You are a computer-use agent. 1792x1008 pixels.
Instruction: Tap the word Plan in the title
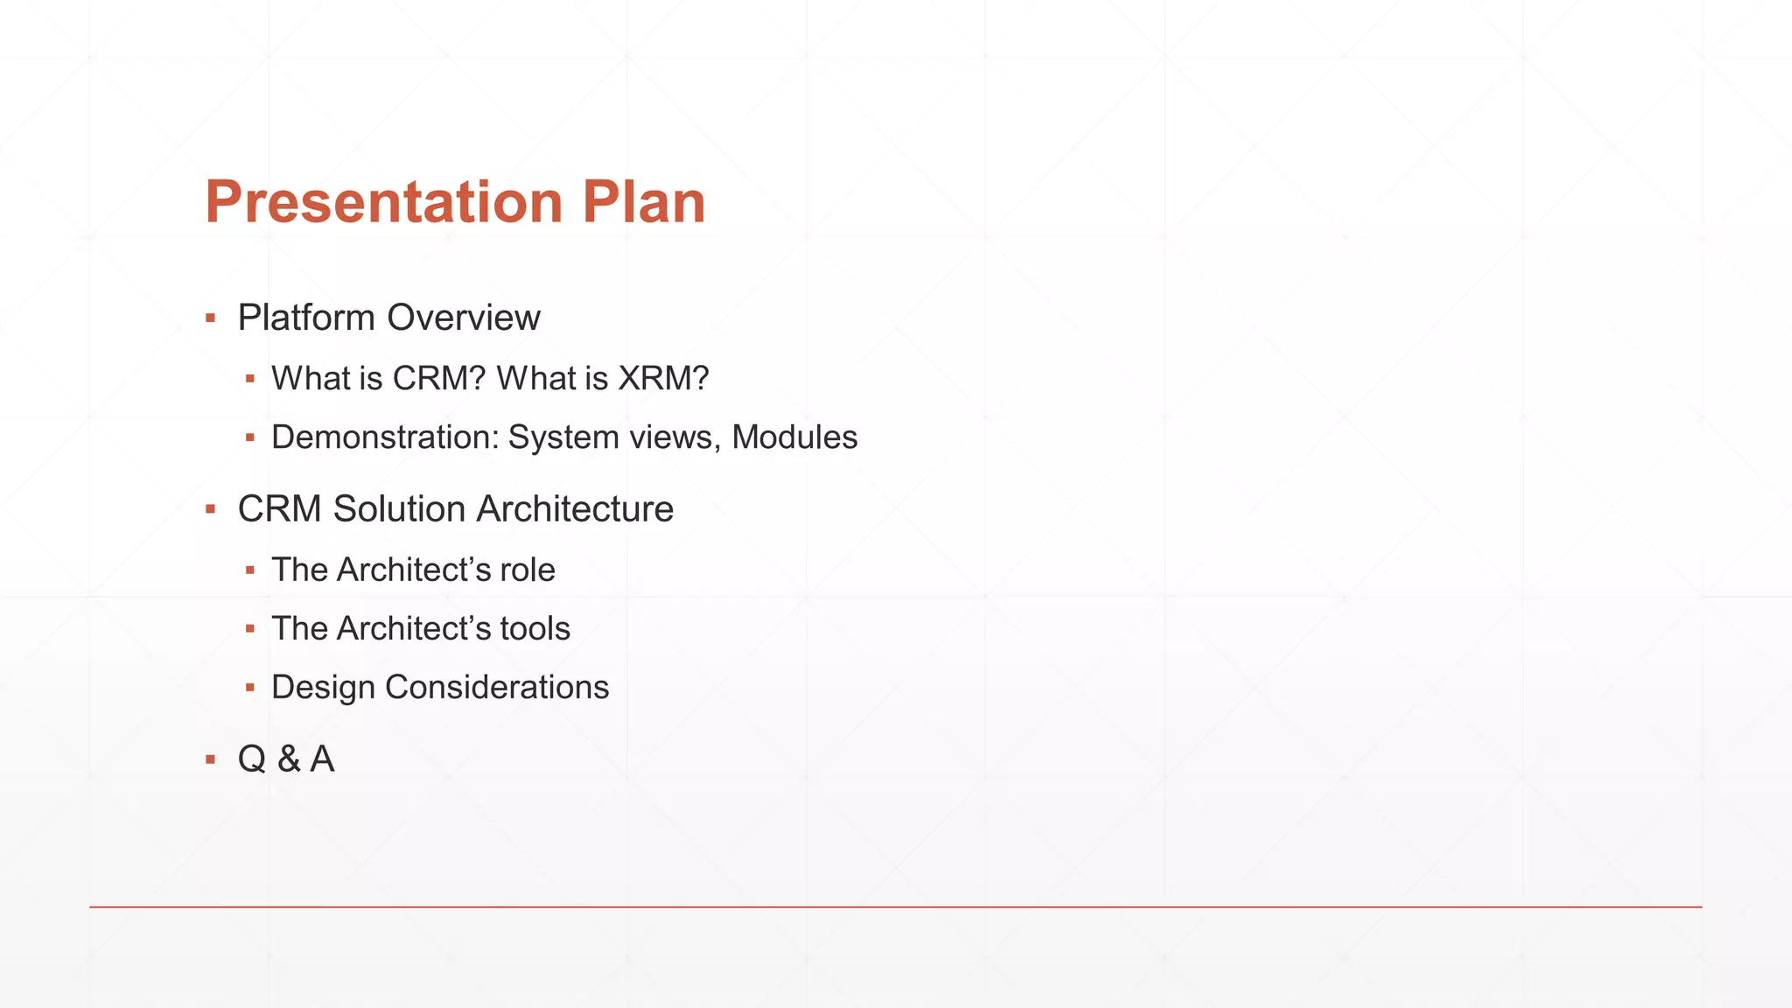(643, 203)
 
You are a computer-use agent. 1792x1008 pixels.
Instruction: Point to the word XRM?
(663, 379)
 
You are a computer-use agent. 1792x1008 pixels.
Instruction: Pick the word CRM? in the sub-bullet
(438, 379)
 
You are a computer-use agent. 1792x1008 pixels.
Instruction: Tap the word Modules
(794, 437)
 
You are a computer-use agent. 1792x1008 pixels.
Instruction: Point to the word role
(528, 570)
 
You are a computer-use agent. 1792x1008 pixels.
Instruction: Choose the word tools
(535, 629)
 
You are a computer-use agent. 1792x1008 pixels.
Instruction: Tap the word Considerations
(497, 688)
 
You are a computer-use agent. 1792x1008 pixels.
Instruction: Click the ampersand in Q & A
(288, 759)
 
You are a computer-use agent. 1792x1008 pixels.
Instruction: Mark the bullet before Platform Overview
(210, 318)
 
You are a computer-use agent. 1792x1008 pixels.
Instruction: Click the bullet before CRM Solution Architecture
(210, 509)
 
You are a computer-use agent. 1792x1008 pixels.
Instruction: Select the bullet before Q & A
(210, 759)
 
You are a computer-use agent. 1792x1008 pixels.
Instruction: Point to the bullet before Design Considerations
(250, 688)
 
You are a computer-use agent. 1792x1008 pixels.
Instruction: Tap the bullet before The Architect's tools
(250, 629)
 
